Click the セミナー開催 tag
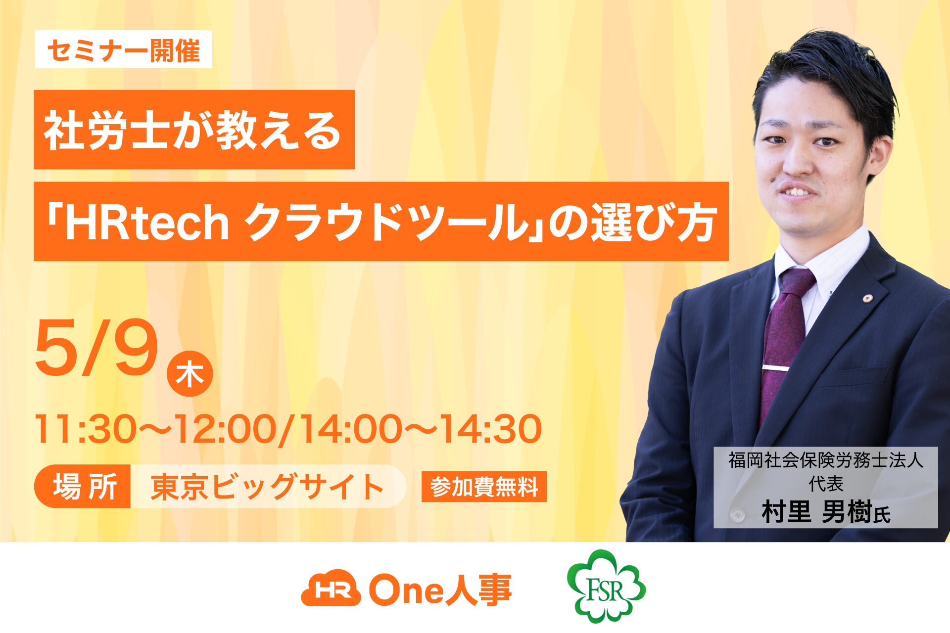click(123, 49)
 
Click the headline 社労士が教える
click(194, 130)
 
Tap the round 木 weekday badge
click(190, 374)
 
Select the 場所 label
click(83, 487)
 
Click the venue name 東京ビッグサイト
click(267, 487)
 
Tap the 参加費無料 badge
click(484, 487)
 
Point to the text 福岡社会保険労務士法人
click(826, 460)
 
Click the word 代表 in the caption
click(826, 484)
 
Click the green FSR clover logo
click(606, 586)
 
